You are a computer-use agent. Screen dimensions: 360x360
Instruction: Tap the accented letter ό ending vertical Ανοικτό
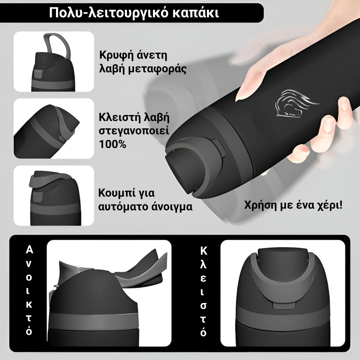coord(29,332)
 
